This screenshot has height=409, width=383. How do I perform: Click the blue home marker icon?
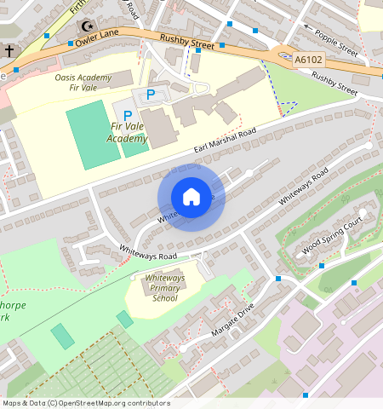click(191, 197)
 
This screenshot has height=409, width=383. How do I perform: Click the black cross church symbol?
click(9, 51)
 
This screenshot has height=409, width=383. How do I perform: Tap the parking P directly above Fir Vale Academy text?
click(128, 115)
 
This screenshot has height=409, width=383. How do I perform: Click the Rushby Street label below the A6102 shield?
click(334, 82)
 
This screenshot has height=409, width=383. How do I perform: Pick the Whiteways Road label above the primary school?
click(148, 254)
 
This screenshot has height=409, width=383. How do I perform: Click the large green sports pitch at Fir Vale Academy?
click(93, 133)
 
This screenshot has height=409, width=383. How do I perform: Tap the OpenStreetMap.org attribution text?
click(85, 403)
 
